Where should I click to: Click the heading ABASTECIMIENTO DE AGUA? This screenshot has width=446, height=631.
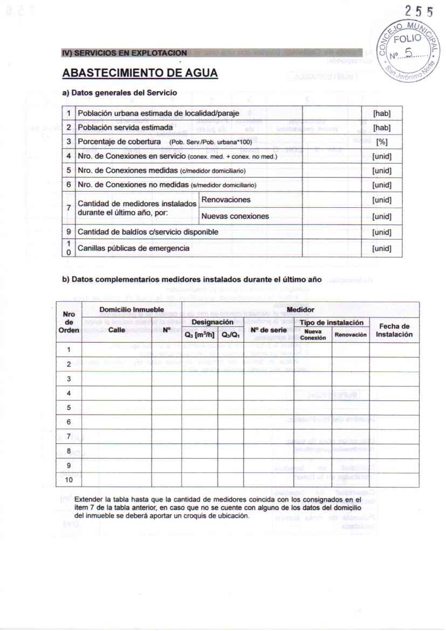coord(140,73)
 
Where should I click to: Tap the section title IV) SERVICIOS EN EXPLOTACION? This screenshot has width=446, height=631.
coord(125,53)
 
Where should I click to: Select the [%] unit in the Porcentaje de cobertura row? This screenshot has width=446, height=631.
coord(381,141)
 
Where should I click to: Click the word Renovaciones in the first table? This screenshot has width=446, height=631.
coord(226,200)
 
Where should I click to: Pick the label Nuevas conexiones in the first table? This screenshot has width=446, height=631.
coord(235,216)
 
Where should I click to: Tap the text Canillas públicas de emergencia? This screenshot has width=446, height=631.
coord(134,248)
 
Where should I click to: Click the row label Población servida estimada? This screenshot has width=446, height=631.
coord(126,127)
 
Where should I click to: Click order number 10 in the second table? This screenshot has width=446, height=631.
coord(68,480)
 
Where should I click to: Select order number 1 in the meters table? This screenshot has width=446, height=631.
coord(68,349)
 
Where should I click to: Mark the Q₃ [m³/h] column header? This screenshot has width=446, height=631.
coord(200,334)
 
